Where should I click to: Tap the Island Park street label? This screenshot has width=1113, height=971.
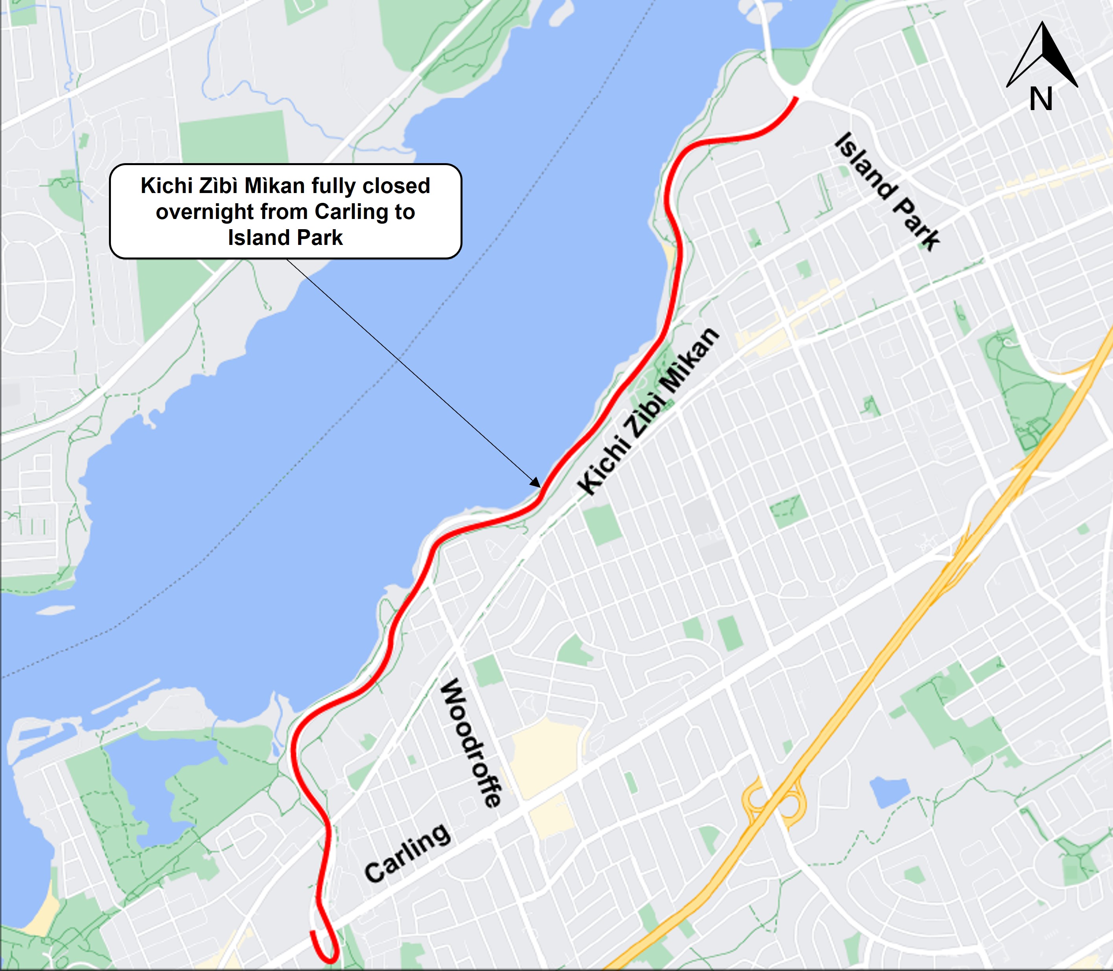coord(886,192)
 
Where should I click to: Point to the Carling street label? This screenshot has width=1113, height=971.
coord(407,853)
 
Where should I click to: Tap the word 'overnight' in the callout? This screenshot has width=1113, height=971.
coord(205,212)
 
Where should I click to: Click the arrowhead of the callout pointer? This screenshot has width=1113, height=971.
coord(536,483)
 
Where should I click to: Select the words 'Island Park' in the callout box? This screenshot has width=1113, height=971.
coord(285,238)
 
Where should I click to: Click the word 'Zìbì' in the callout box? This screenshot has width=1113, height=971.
coord(219,186)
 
